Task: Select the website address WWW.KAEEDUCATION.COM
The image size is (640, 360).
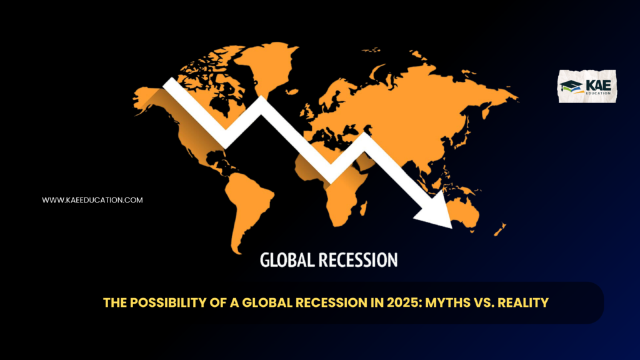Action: tap(92, 200)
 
